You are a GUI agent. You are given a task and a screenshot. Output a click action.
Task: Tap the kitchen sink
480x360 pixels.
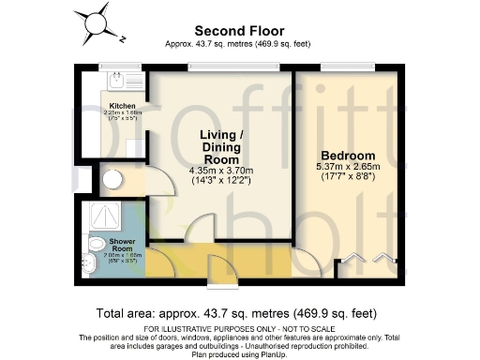(x=119, y=82)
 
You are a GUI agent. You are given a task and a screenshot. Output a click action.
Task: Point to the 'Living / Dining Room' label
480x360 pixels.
(x=224, y=146)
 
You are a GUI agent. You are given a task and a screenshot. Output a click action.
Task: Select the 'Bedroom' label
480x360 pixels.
(x=348, y=156)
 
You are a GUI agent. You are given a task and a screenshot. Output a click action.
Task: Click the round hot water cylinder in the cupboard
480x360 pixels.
(x=113, y=181)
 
